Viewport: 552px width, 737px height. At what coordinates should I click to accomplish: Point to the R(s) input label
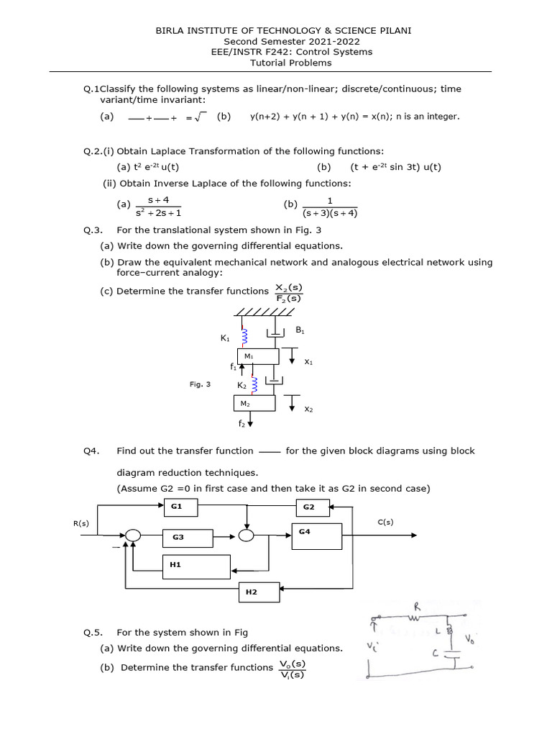81,523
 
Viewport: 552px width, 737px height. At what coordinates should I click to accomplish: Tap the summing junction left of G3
132,535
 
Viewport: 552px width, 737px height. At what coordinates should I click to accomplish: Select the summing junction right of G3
247,535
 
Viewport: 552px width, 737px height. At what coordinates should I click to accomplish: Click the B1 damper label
300,330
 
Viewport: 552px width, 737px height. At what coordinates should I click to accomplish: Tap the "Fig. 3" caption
200,385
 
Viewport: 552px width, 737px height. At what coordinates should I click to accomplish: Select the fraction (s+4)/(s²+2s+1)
158,207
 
